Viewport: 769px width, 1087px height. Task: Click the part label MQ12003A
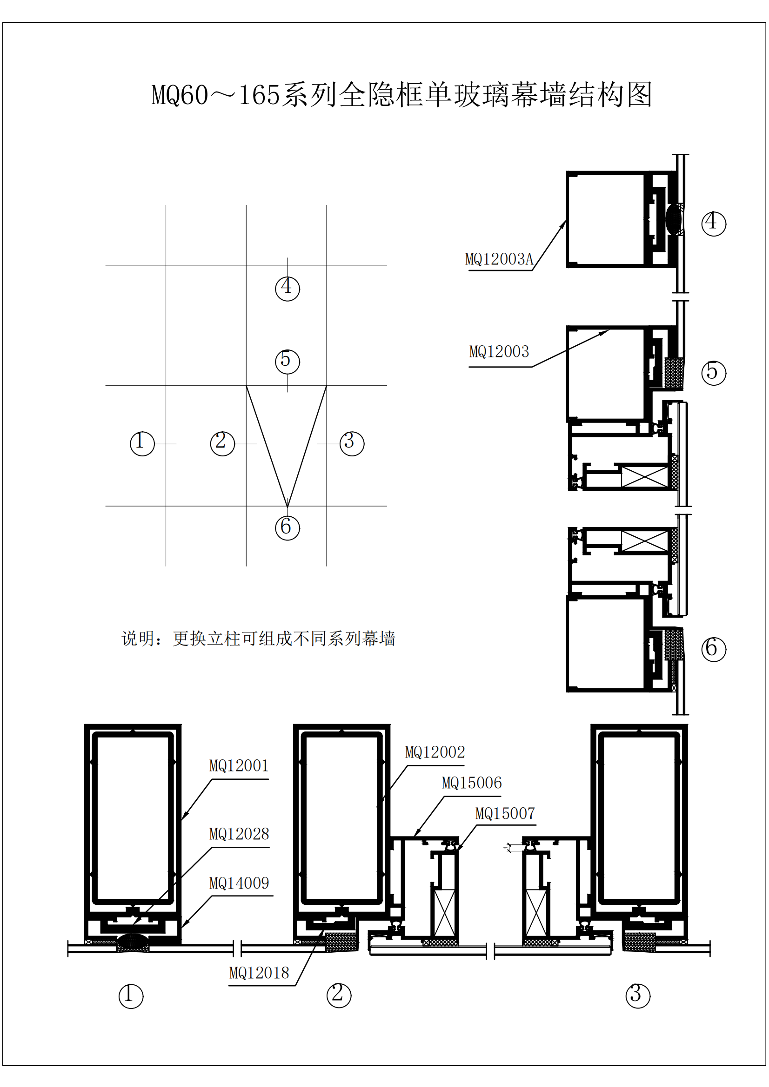coord(499,259)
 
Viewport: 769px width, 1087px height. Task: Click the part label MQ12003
coord(499,352)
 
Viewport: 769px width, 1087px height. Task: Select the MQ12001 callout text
coord(239,766)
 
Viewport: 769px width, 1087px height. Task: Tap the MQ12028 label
coord(239,834)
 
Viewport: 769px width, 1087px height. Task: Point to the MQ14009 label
coord(239,883)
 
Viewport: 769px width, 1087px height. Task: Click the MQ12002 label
coord(435,752)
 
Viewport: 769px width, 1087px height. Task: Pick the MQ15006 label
coord(471,783)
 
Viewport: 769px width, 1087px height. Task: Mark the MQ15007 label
coord(505,814)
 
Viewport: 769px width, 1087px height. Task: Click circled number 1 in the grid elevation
coord(142,444)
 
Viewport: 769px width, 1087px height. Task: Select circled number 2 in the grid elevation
coord(222,444)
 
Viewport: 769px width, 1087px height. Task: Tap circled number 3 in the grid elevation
coord(352,444)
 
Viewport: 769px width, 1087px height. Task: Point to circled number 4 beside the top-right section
coord(713,224)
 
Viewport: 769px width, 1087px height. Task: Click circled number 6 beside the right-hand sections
coord(713,649)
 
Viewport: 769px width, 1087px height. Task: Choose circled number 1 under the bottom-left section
coord(131,996)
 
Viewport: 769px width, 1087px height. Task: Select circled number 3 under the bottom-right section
coord(638,996)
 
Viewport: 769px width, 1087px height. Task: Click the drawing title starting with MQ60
coord(402,95)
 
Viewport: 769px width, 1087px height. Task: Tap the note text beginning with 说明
coord(258,639)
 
